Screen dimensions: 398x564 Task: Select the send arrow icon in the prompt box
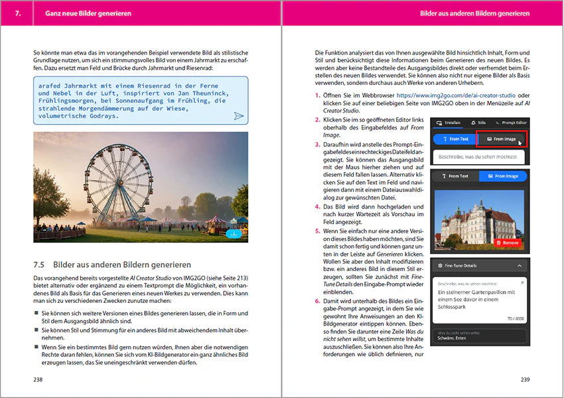click(239, 116)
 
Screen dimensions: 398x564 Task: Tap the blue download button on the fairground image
click(233, 233)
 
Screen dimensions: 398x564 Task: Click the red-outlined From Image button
click(502, 139)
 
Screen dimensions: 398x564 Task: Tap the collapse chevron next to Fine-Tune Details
click(521, 265)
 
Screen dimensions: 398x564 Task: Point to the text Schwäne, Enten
click(453, 339)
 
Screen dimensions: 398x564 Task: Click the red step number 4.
click(317, 207)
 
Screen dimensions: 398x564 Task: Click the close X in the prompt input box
click(522, 283)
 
